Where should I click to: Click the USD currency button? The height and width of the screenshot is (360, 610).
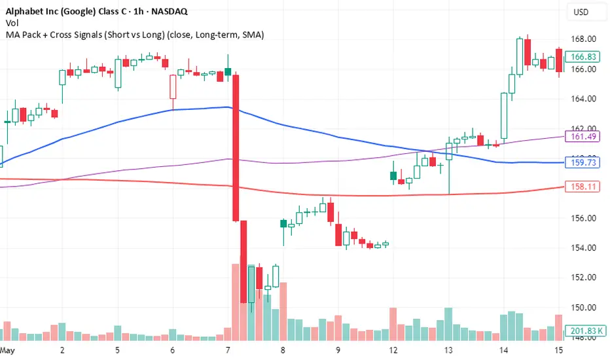pyautogui.click(x=581, y=12)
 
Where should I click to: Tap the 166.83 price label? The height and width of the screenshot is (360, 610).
pyautogui.click(x=582, y=57)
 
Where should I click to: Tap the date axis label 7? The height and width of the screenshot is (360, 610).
pyautogui.click(x=228, y=351)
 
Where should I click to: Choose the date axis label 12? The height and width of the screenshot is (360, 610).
pyautogui.click(x=394, y=351)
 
